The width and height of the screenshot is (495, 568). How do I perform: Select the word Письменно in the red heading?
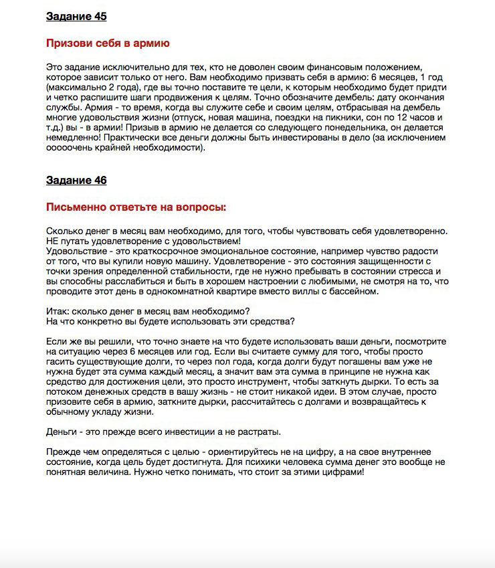tap(74, 207)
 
